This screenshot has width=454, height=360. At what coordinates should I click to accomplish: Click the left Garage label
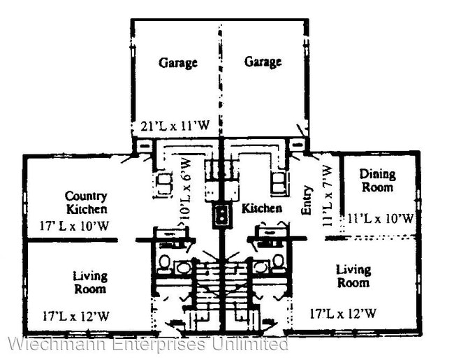point(177,62)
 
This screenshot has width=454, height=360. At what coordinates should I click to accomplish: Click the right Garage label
point(263,62)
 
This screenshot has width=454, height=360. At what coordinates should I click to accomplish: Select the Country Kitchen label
point(86,202)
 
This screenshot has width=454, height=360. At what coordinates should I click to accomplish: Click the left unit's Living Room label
point(89,282)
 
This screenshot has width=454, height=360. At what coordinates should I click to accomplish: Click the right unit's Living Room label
point(353,275)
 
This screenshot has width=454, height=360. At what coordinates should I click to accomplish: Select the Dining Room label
point(377,180)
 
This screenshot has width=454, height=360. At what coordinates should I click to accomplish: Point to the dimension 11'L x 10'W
point(380,219)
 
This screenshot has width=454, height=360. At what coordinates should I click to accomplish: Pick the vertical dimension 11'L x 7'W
point(325,193)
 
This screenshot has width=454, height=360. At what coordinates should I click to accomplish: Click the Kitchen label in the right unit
point(262,208)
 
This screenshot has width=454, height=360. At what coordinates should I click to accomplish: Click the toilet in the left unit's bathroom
point(164,264)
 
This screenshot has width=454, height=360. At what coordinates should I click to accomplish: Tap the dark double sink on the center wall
point(222,215)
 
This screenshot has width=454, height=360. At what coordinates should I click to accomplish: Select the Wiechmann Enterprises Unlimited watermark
point(147,344)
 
